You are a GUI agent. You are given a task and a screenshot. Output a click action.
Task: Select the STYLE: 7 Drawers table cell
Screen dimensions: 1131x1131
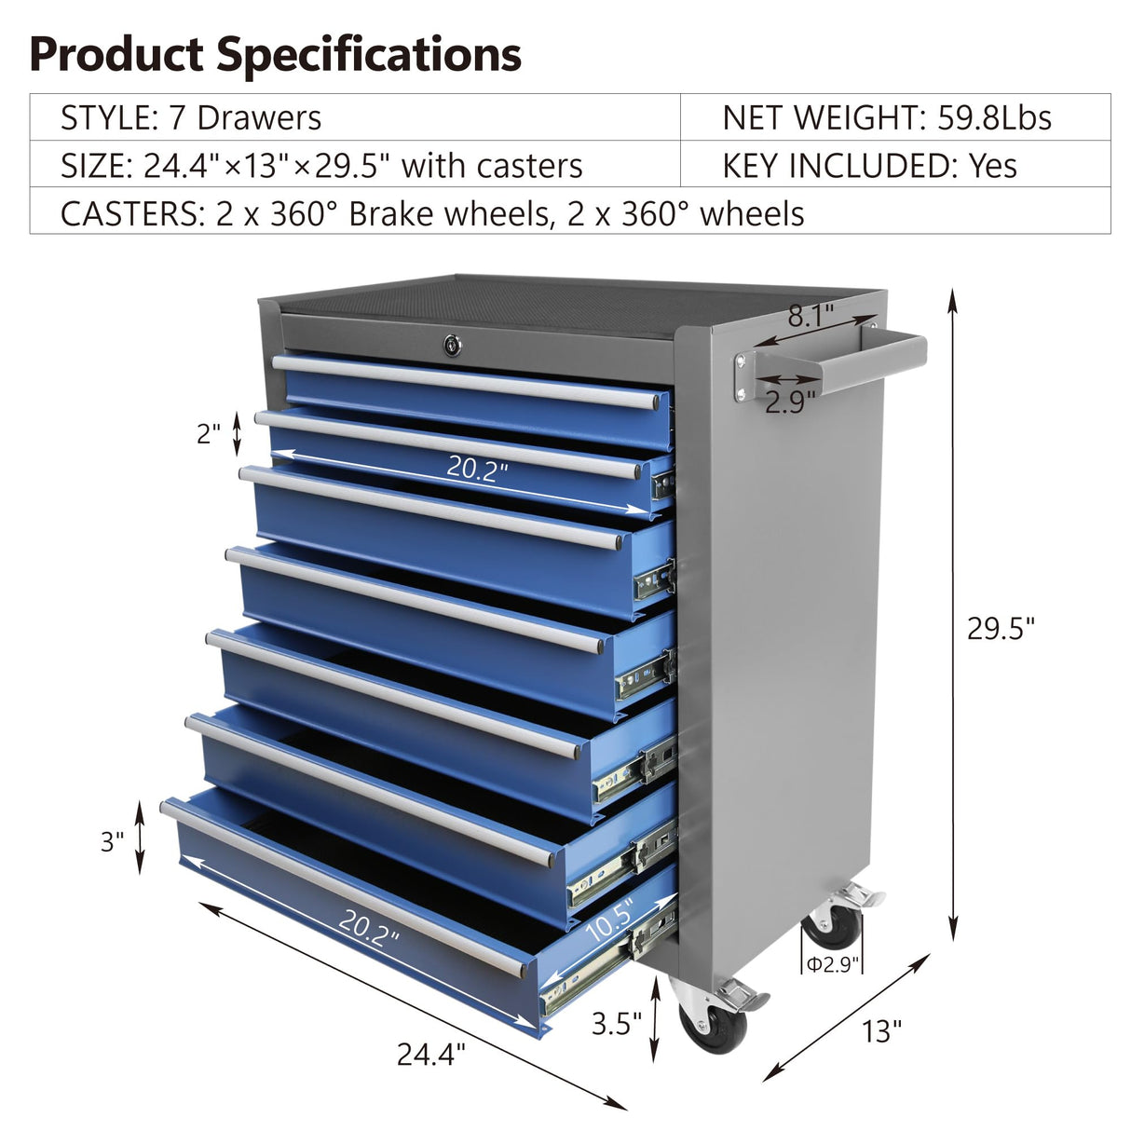tap(191, 118)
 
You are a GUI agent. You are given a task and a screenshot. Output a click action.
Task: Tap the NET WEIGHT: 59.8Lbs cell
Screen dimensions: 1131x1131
tap(886, 118)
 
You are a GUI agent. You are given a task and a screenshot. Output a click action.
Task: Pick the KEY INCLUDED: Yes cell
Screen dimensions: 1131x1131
tap(868, 166)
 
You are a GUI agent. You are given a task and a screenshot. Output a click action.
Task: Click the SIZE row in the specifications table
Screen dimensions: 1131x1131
tap(321, 166)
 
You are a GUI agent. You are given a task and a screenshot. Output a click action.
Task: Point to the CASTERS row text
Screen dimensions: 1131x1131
tap(432, 213)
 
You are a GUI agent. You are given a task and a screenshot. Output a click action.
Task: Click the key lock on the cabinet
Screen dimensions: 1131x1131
tap(452, 346)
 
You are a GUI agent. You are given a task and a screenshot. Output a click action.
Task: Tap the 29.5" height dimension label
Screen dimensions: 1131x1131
tap(1001, 629)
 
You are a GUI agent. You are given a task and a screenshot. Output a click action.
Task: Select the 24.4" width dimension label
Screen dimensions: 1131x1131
tap(430, 1054)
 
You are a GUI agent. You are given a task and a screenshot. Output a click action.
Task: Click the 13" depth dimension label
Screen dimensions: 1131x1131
tap(881, 1031)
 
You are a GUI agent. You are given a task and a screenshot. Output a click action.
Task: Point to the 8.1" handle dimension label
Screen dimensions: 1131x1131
tap(811, 317)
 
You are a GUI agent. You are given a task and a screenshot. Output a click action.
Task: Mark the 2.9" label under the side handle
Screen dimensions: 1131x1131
tap(790, 402)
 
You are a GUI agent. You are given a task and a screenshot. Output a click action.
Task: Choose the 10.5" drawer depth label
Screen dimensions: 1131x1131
tap(610, 920)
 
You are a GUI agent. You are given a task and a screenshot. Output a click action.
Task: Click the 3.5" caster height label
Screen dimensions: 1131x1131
tap(617, 1024)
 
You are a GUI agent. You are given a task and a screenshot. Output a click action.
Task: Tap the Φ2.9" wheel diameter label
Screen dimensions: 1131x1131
tap(831, 964)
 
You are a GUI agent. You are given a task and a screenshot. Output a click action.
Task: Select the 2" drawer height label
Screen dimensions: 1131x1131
tap(209, 433)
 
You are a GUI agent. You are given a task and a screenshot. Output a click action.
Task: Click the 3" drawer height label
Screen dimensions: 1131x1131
tap(113, 841)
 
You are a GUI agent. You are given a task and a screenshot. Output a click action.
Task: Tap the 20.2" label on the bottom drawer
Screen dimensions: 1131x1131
tap(368, 928)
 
